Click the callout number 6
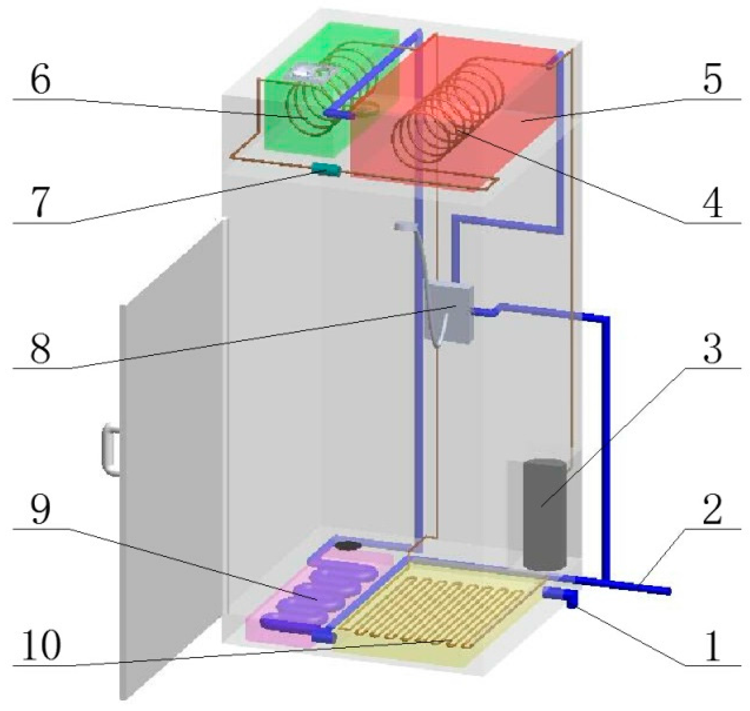click(41, 80)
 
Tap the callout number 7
click(41, 202)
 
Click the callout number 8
click(41, 350)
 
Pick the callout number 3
click(712, 350)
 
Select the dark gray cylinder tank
click(545, 513)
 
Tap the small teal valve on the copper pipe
click(325, 170)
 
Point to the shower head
click(406, 226)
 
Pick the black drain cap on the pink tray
click(348, 546)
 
